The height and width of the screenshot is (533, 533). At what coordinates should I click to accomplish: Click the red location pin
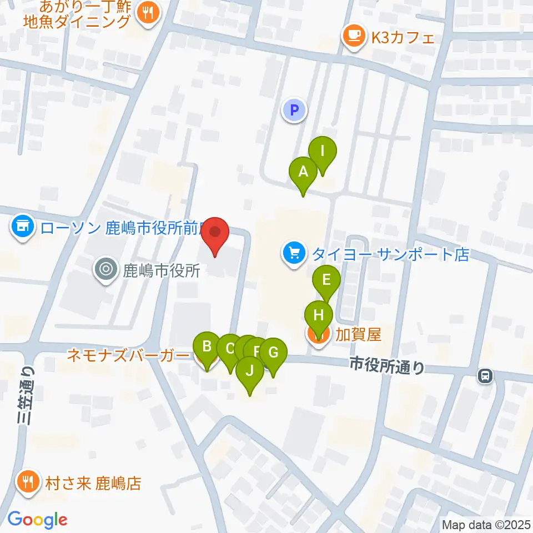click(x=215, y=234)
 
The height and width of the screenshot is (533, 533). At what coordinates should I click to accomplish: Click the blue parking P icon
click(x=294, y=109)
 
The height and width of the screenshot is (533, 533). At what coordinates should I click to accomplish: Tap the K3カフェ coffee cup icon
click(x=353, y=37)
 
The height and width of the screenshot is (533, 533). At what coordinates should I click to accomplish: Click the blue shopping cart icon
click(x=294, y=254)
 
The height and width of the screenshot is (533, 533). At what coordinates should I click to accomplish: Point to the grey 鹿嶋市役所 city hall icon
click(x=106, y=270)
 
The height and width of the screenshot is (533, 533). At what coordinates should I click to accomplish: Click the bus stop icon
click(x=485, y=376)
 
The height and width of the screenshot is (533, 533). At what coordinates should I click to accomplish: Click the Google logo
click(x=37, y=520)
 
